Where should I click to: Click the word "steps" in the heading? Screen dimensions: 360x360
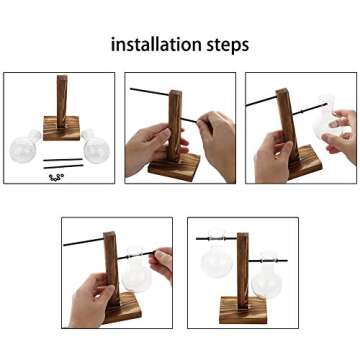pos(225,46)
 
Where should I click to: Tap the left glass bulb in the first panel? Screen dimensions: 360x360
pos(23,151)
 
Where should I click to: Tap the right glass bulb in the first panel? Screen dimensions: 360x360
pos(97,149)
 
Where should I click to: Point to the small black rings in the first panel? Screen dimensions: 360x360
pos(56,176)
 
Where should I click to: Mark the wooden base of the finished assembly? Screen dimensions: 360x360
pos(240,309)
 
